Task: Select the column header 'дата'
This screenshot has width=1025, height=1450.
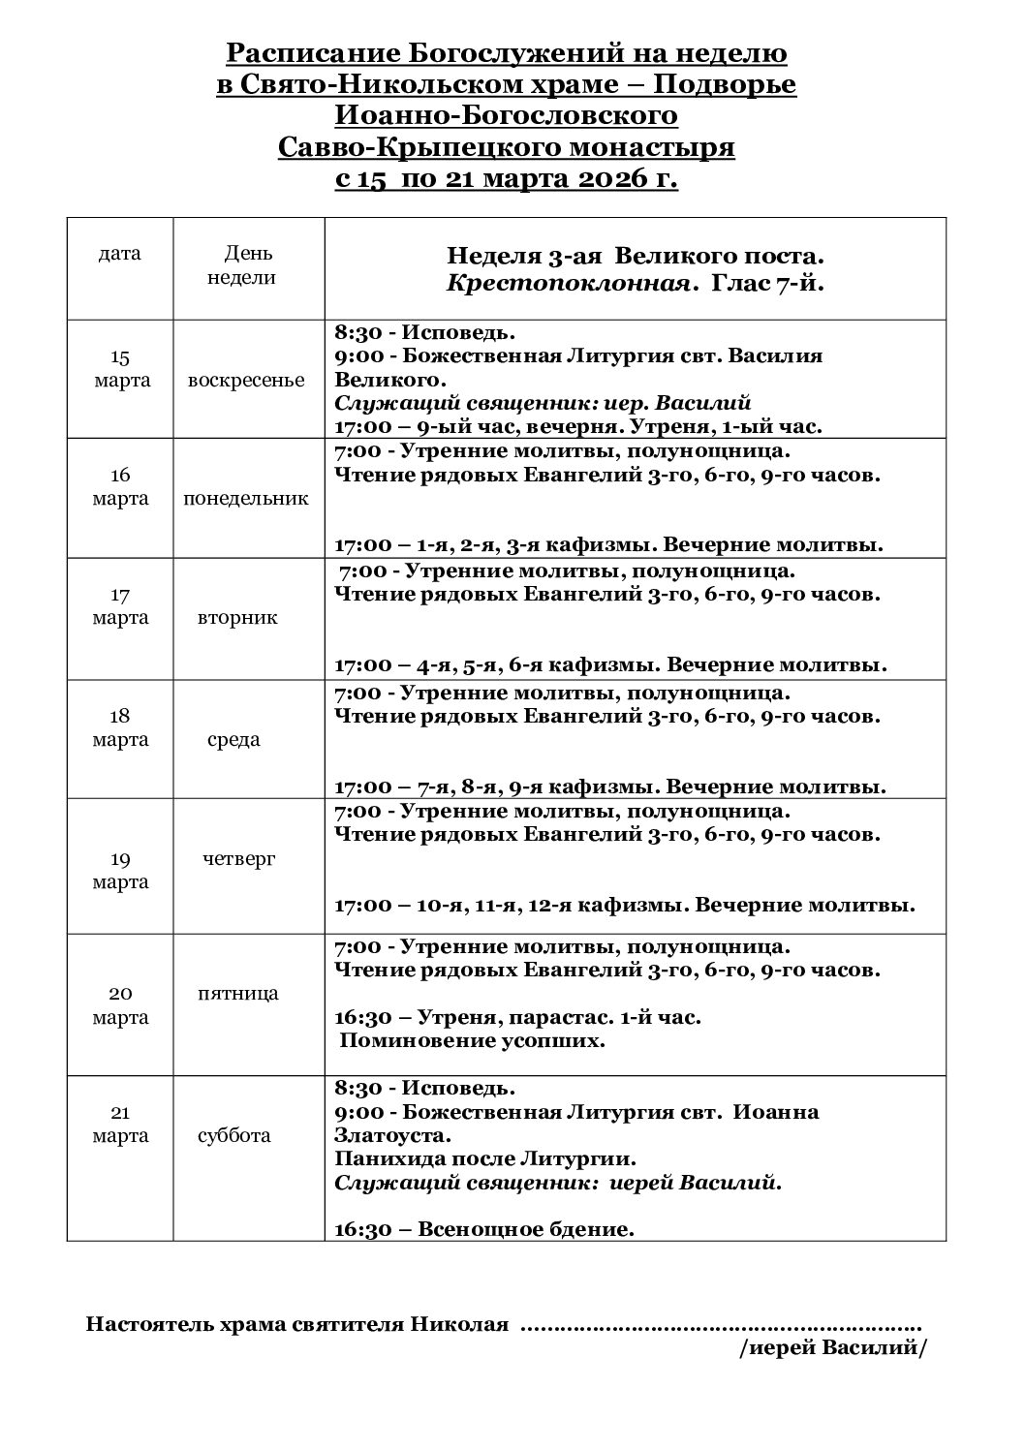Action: (119, 254)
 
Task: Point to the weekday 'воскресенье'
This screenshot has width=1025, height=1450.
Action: (246, 380)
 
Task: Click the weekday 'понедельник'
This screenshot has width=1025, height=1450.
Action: (246, 499)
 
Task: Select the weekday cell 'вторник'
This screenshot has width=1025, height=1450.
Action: (237, 617)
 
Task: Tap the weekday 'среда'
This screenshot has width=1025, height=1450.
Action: (233, 739)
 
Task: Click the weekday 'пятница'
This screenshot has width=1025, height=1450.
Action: (237, 993)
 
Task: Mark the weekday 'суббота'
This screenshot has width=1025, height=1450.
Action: (235, 1135)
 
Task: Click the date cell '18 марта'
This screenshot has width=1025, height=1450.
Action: (121, 727)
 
